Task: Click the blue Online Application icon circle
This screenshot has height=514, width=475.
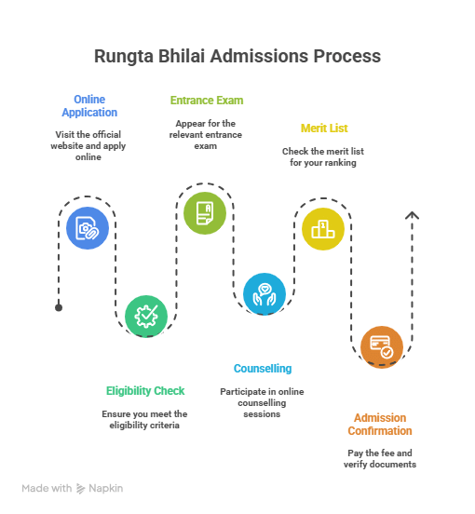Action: point(88,227)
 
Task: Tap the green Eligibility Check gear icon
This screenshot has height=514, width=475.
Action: point(146,316)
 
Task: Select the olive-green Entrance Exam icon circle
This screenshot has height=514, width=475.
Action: point(205,212)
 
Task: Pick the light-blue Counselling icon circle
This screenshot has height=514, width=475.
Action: point(265,292)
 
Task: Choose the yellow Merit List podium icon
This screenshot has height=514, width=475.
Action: point(323,228)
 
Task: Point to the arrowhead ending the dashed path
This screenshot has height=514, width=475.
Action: point(413,216)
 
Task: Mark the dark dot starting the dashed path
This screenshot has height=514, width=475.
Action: point(59,307)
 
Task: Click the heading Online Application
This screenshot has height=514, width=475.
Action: point(89,106)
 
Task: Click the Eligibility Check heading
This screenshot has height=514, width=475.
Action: point(145,391)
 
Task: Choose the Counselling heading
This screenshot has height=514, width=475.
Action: point(263,369)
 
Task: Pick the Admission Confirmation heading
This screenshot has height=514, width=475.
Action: point(380,425)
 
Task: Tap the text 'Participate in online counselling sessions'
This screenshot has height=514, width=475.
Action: point(264,402)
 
